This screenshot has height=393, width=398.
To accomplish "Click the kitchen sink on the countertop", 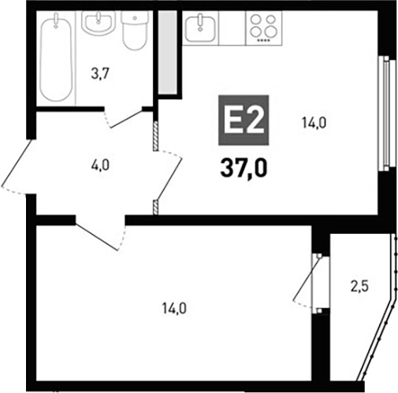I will click(199, 29).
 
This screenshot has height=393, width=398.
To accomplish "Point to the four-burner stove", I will click(259, 29).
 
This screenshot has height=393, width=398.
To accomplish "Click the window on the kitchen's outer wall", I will click(385, 114).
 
